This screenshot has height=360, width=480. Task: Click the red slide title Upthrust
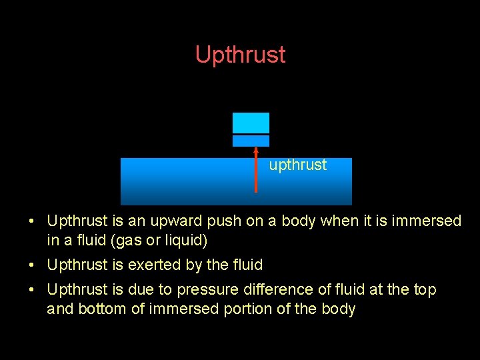tap(240, 55)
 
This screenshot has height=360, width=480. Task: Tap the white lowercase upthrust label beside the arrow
tap(297, 165)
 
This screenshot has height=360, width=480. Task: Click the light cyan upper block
tap(251, 123)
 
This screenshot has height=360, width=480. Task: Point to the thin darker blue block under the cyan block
tap(251, 141)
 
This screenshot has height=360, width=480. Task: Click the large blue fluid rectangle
tap(187, 181)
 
